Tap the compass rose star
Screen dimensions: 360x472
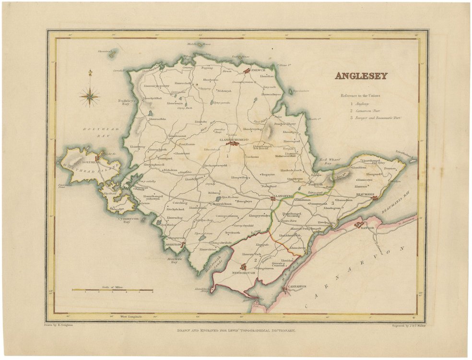tap(89, 95)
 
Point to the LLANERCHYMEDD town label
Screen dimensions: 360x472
tap(234, 140)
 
